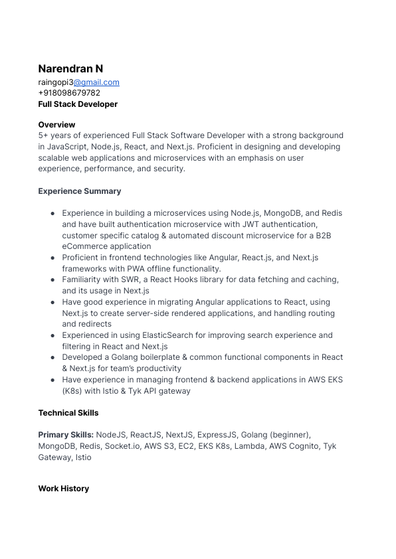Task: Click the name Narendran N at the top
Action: pyautogui.click(x=70, y=69)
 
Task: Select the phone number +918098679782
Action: pyautogui.click(x=69, y=93)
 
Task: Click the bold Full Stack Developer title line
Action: pyautogui.click(x=78, y=104)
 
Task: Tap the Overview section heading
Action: pyautogui.click(x=56, y=125)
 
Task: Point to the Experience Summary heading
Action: pyautogui.click(x=80, y=191)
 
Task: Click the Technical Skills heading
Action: pyautogui.click(x=68, y=413)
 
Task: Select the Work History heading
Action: pyautogui.click(x=63, y=489)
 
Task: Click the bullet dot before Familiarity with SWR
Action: pyautogui.click(x=52, y=280)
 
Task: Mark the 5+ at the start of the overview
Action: pyautogui.click(x=44, y=135)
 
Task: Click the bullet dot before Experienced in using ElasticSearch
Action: pyautogui.click(x=52, y=335)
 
